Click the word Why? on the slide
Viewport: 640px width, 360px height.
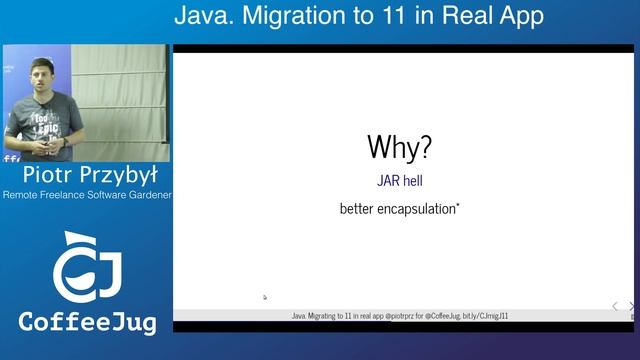(x=400, y=147)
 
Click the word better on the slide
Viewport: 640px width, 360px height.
(x=355, y=210)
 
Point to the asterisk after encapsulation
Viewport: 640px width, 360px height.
(x=458, y=206)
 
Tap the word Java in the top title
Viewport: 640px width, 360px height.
(x=201, y=16)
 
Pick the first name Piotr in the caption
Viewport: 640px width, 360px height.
(x=45, y=176)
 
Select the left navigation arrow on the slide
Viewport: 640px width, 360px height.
(x=615, y=306)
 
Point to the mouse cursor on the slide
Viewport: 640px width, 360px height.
(x=265, y=297)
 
